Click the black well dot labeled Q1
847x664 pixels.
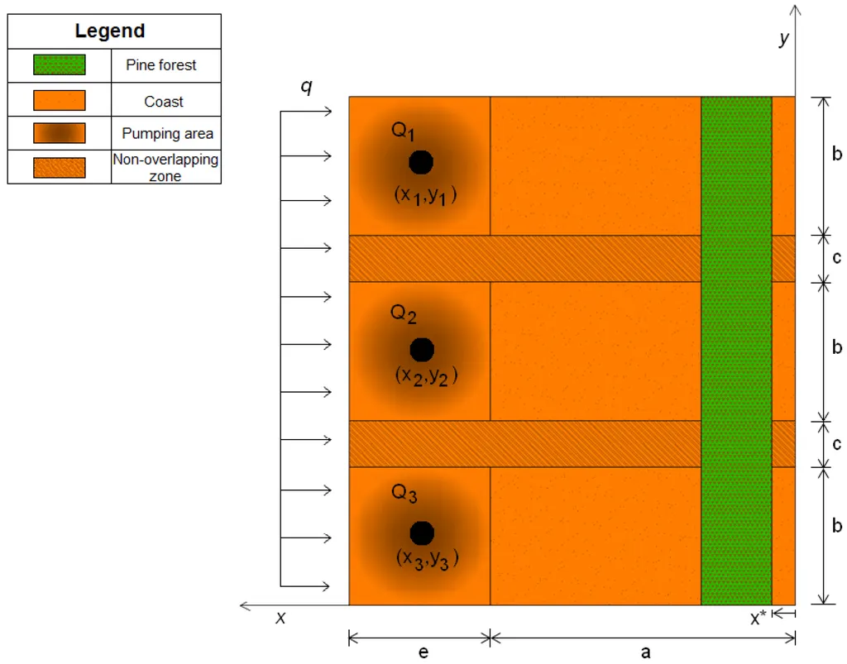pos(421,162)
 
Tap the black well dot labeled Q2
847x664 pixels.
pos(422,350)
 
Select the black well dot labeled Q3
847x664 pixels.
pos(422,533)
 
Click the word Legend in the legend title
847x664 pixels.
pos(110,31)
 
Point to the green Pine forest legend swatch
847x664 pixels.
pos(60,64)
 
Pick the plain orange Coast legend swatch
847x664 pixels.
pos(60,100)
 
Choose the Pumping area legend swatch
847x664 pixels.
pos(60,133)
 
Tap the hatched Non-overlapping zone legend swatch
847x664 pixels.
pos(60,167)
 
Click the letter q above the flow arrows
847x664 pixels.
pos(306,86)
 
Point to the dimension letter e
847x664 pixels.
pos(423,652)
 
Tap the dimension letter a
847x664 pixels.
pos(645,652)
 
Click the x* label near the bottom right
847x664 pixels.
pos(758,618)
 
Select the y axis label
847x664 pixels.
pos(784,38)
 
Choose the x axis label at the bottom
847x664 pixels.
pos(280,617)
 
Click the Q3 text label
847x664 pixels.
pos(404,493)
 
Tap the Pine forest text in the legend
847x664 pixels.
pos(161,64)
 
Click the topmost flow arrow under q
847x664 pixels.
pos(306,111)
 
